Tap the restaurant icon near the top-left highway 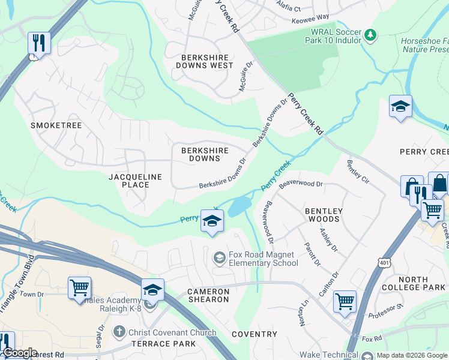39,43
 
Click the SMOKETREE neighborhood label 56,125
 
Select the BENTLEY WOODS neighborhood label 324,215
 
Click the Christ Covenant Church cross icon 119,332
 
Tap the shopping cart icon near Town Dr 79,289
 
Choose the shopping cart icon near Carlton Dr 345,302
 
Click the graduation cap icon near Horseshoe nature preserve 400,107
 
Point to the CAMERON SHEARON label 208,295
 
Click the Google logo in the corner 20,353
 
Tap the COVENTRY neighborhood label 255,334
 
